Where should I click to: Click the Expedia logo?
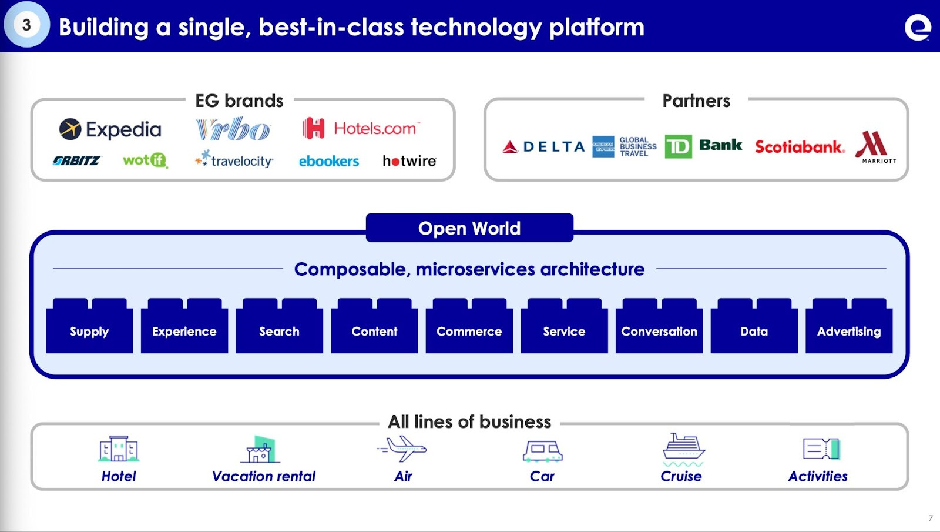pos(110,129)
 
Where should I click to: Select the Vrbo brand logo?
pos(233,129)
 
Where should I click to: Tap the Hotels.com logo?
pos(361,128)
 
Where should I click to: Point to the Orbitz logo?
pos(76,160)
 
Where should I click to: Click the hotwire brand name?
pos(409,160)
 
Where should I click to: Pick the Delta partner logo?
pos(543,146)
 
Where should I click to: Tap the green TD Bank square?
pos(678,146)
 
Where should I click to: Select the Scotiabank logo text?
pos(799,146)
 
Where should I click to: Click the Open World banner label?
pos(469,228)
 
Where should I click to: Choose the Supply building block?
pos(89,331)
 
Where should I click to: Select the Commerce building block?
pos(469,331)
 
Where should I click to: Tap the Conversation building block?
pos(659,331)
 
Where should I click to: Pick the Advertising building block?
pos(848,331)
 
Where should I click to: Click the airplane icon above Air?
pos(403,449)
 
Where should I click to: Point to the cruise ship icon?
pos(683,448)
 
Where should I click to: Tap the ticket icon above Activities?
pos(821,449)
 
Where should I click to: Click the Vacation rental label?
pos(264,476)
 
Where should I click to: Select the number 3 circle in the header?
pos(26,25)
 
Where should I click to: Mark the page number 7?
pos(931,518)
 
